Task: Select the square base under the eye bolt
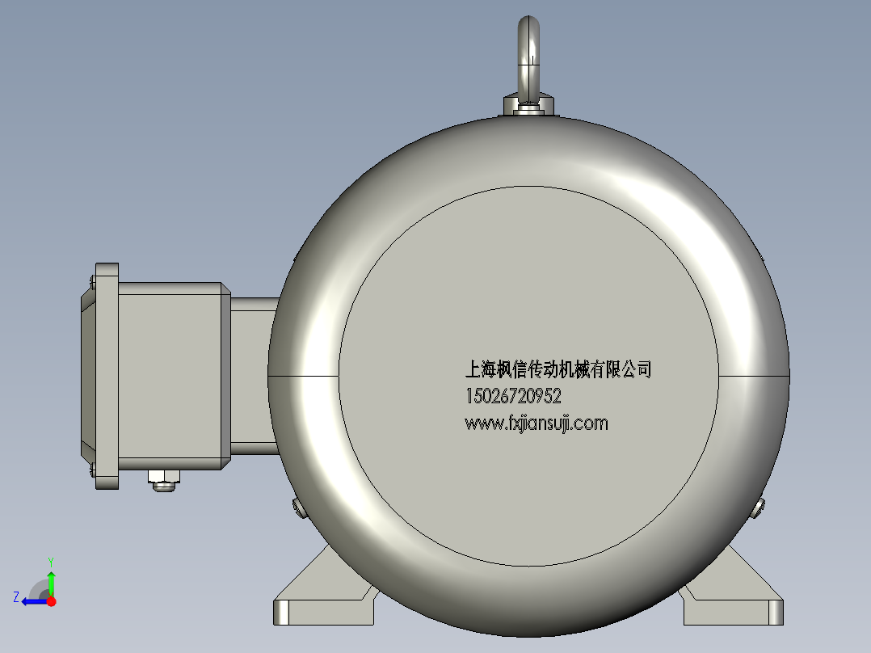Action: [x=528, y=107]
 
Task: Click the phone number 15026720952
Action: [x=513, y=397]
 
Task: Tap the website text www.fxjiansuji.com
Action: [x=536, y=423]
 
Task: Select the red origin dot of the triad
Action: [x=52, y=600]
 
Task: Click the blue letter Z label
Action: [x=16, y=597]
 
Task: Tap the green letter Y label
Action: [x=50, y=561]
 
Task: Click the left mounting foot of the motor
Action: [x=323, y=598]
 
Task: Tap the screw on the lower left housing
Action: [x=297, y=507]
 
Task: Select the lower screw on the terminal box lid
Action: [x=92, y=467]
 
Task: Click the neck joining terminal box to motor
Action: [x=252, y=372]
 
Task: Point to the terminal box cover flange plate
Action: [x=107, y=376]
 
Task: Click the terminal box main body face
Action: [x=170, y=376]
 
